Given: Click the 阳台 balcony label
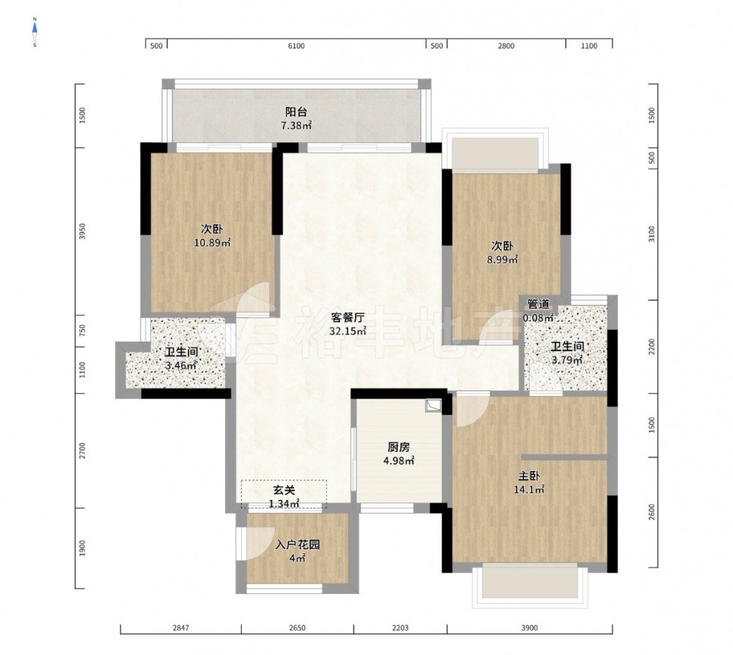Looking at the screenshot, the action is [296, 112].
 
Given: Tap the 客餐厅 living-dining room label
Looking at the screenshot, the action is [347, 318].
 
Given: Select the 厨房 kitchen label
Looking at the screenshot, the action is [399, 447].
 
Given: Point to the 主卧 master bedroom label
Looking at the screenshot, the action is [529, 476].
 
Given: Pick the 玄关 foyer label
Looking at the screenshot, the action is [284, 490].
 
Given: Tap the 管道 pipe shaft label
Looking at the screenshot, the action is [538, 304].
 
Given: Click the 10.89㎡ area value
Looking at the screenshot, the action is [213, 243].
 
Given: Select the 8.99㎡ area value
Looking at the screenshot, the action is [503, 260].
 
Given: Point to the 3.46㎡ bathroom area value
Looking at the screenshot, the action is [181, 365].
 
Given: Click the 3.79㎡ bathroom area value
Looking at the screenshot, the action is [567, 360].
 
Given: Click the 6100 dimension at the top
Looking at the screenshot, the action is [296, 46].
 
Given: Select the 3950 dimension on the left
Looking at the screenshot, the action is [83, 232].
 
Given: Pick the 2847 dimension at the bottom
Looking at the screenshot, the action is [180, 628].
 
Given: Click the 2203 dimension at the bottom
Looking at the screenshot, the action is [399, 628].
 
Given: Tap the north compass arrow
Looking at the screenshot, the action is [34, 28].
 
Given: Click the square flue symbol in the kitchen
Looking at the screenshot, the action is [431, 405].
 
